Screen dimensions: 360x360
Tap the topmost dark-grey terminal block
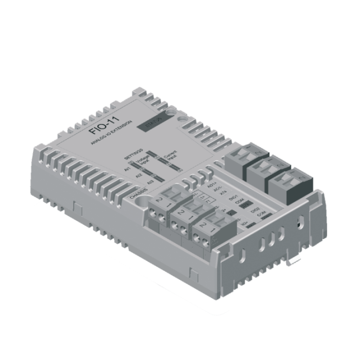(243, 157)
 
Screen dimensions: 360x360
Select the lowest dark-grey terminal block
(288, 184)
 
